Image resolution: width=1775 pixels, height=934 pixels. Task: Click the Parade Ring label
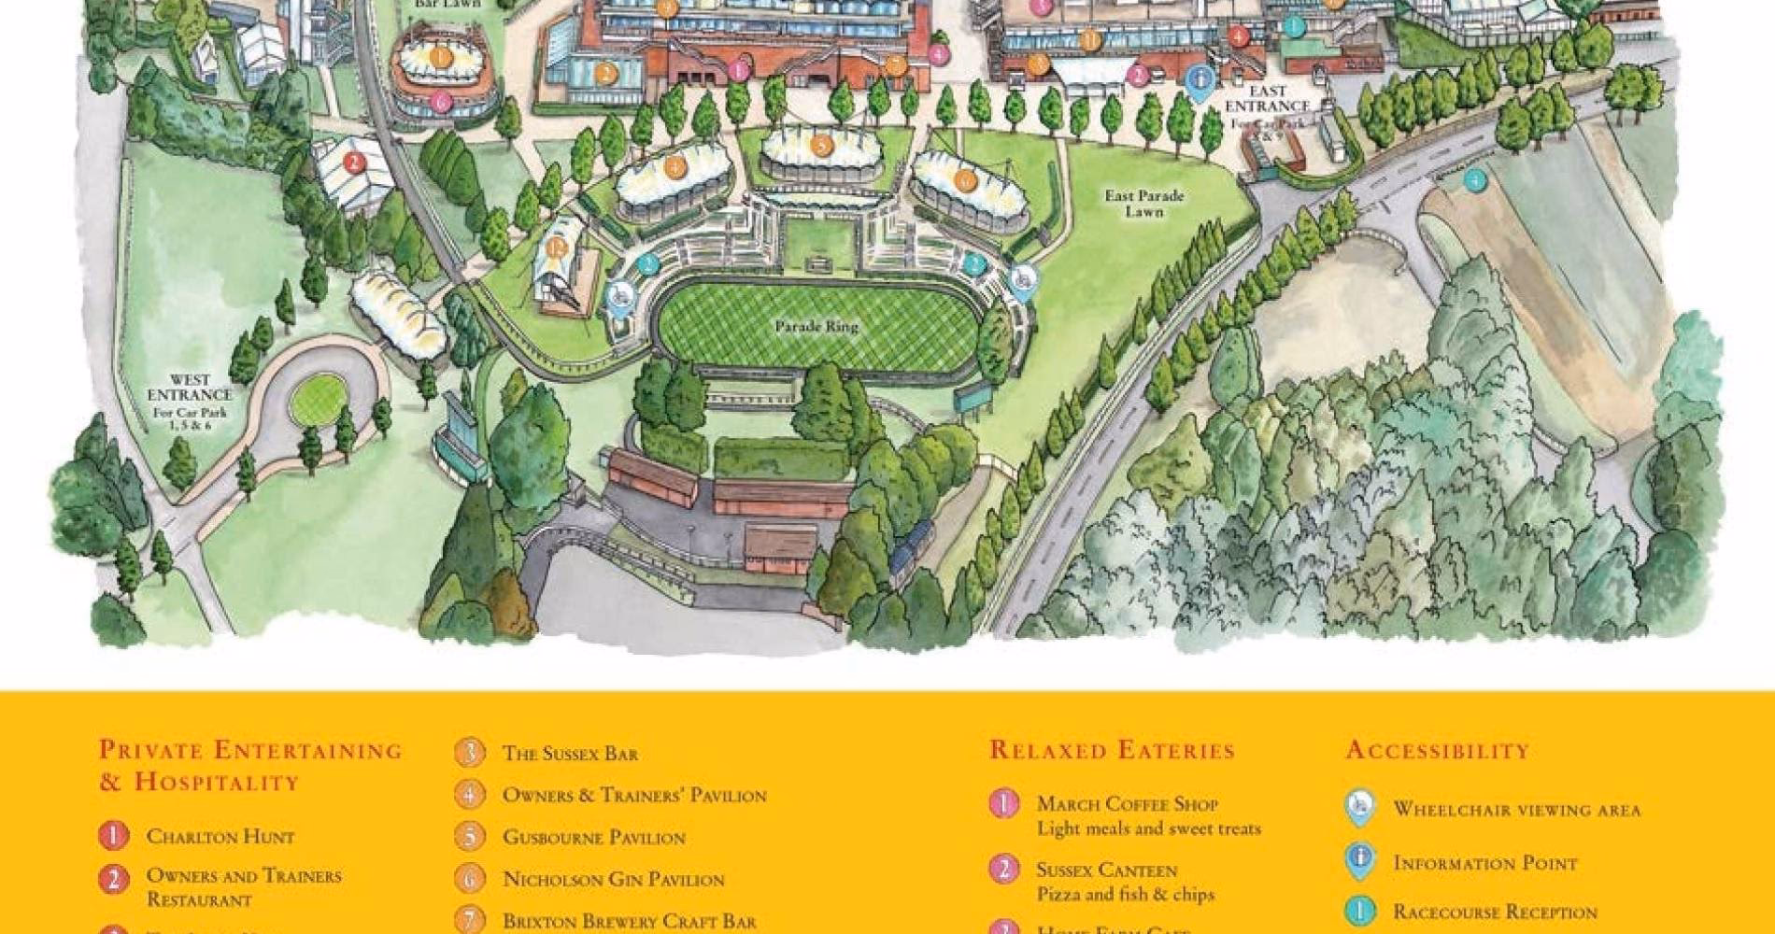[x=816, y=327]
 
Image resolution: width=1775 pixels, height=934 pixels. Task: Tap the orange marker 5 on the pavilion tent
[x=820, y=147]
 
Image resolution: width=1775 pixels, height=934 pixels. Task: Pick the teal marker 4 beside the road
[x=1474, y=180]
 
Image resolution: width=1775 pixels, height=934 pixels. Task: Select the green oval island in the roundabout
[x=315, y=398]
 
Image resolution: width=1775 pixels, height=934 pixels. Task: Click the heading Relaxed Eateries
[x=1112, y=750]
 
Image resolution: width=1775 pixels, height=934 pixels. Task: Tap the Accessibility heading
[x=1437, y=750]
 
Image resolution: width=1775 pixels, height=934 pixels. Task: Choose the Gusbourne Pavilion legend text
[x=593, y=837]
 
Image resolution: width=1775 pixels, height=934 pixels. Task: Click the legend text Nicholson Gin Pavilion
[x=613, y=879]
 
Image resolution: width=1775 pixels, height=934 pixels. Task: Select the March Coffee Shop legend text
[x=1127, y=803]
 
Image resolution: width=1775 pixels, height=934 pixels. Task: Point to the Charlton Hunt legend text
[x=220, y=836]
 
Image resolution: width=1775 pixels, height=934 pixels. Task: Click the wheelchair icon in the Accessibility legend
[x=1359, y=808]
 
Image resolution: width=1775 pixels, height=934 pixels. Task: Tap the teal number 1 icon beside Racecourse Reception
[x=1359, y=912]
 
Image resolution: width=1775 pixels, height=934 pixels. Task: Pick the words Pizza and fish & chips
[x=1125, y=894]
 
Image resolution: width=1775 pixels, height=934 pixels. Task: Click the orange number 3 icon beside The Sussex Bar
[x=470, y=753]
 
